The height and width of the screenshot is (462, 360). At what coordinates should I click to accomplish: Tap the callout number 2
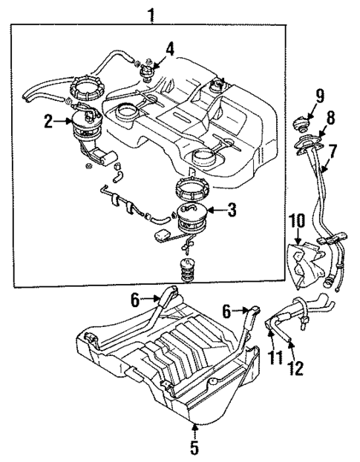tap(49, 122)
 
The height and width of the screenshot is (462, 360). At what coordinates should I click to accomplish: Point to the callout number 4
tap(170, 50)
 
